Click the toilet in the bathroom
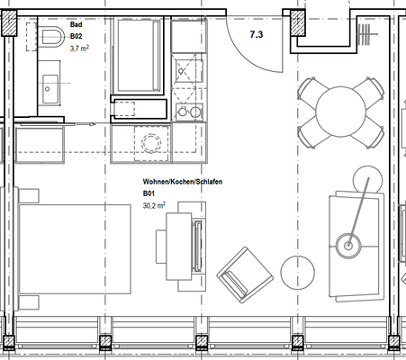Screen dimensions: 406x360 tap(51, 38)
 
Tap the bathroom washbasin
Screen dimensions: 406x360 tap(50, 88)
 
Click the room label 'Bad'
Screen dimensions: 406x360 tap(77, 24)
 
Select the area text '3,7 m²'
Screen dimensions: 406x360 tap(79, 49)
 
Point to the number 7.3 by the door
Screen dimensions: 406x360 tap(257, 34)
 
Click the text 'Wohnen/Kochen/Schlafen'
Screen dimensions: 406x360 tap(183, 182)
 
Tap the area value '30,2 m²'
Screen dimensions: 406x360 tap(154, 205)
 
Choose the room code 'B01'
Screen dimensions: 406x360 tap(149, 193)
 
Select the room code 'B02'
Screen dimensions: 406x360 tap(77, 36)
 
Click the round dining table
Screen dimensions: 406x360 tap(341, 112)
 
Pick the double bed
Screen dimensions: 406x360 tap(75, 249)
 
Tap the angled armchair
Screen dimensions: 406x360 tap(245, 274)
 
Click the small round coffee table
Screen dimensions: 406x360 tap(298, 273)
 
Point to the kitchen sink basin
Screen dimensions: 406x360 tap(189, 71)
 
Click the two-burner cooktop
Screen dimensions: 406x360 tap(189, 112)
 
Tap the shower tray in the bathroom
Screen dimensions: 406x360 tap(138, 55)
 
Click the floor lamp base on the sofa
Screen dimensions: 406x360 tap(348, 246)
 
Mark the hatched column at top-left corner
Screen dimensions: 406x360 tap(9, 22)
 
